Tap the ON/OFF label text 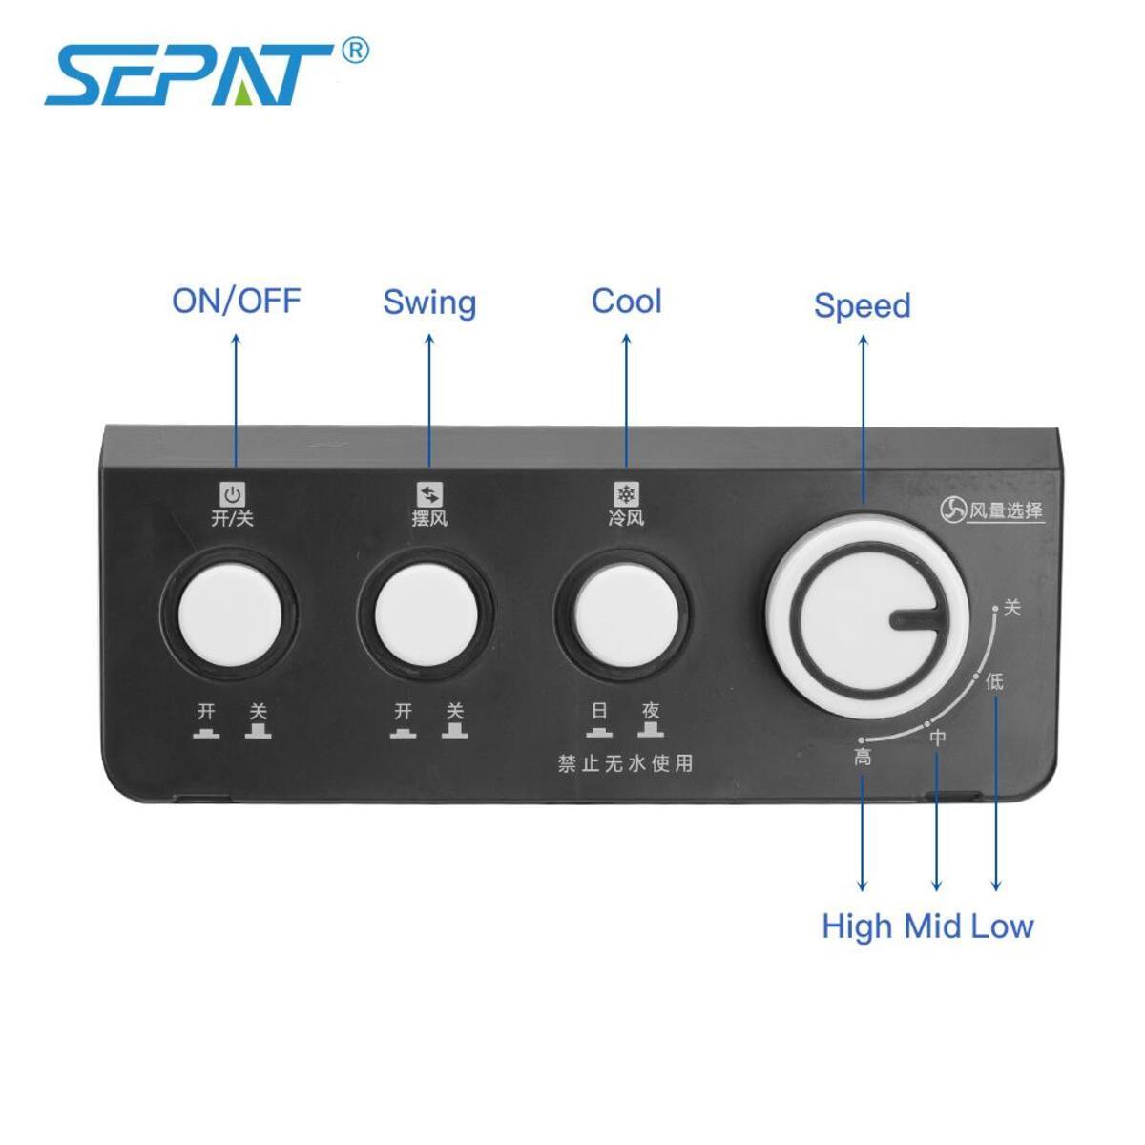(236, 301)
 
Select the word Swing (429, 302)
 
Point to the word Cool (626, 301)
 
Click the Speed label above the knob (862, 305)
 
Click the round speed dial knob (863, 618)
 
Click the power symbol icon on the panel (233, 494)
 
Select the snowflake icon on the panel (626, 494)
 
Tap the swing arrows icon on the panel (429, 494)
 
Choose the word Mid (933, 926)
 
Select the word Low (1002, 926)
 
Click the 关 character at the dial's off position (1012, 608)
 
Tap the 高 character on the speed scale (863, 758)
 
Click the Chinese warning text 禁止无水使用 (625, 764)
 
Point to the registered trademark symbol (354, 50)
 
